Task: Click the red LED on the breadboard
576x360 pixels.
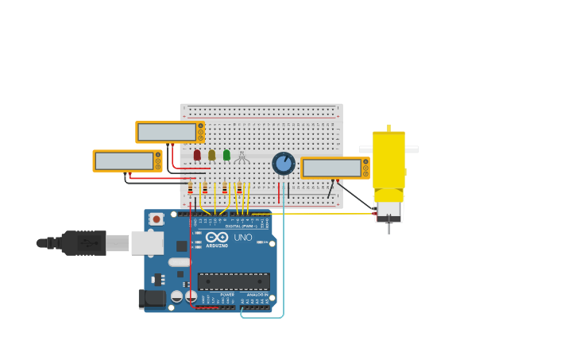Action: click(x=197, y=155)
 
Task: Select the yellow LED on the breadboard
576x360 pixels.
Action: click(x=212, y=155)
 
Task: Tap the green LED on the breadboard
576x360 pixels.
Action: click(x=226, y=155)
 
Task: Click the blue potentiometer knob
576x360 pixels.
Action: click(x=284, y=164)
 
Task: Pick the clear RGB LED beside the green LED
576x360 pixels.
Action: click(x=242, y=157)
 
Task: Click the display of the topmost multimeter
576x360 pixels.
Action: click(x=167, y=132)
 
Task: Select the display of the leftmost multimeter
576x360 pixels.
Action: click(x=124, y=161)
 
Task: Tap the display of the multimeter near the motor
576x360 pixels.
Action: click(x=331, y=168)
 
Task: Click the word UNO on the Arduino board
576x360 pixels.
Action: click(x=242, y=238)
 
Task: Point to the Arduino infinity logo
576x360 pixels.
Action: click(x=217, y=237)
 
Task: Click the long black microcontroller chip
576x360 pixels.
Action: click(x=234, y=281)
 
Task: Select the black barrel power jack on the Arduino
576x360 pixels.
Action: click(x=152, y=299)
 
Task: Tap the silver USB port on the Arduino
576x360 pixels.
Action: click(x=147, y=243)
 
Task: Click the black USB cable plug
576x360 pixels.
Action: click(x=84, y=243)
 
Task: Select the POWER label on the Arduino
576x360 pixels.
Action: click(x=227, y=295)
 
